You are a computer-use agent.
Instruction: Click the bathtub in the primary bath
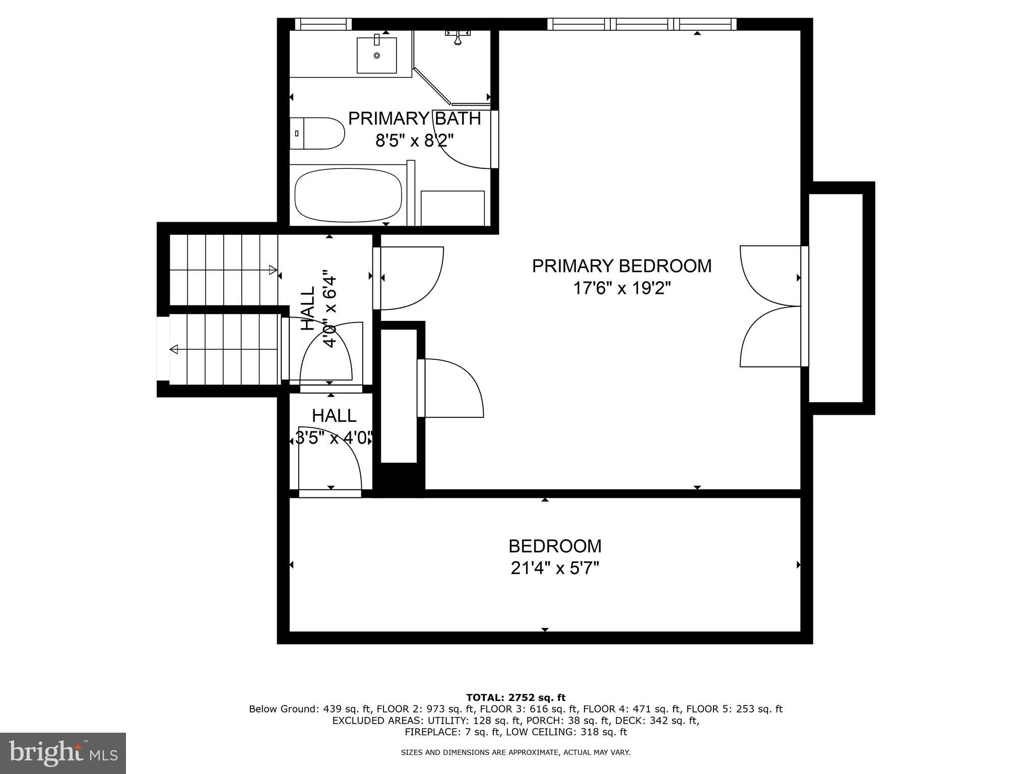tap(348, 196)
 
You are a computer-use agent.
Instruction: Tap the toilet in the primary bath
tap(317, 134)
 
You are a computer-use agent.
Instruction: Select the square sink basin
tap(376, 55)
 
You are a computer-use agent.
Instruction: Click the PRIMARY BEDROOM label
tap(622, 266)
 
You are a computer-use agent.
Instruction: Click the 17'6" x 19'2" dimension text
tap(622, 289)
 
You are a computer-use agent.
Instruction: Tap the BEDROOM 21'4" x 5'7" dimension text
tap(555, 568)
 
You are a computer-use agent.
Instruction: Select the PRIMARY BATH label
tap(414, 119)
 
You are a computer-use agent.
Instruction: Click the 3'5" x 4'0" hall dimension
tap(334, 438)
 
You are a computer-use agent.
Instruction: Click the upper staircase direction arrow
tap(273, 270)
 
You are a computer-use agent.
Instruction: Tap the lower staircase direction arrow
tap(174, 349)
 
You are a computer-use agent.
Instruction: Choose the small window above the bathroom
tap(323, 24)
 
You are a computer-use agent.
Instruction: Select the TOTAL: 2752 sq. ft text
tap(515, 698)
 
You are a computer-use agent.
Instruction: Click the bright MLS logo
tap(63, 753)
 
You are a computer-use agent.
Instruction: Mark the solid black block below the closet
tap(398, 480)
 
